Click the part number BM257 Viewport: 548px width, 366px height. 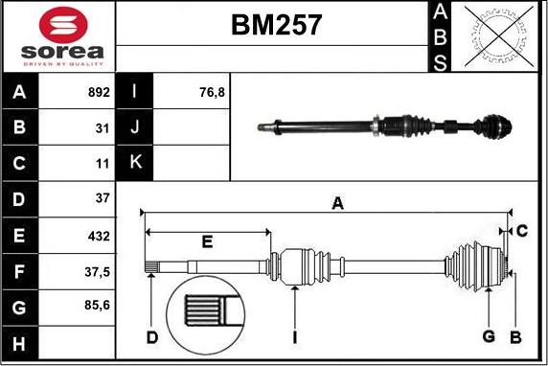pyautogui.click(x=276, y=25)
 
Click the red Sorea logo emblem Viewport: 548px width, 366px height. pyautogui.click(x=63, y=25)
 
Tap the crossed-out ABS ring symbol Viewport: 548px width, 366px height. pyautogui.click(x=499, y=36)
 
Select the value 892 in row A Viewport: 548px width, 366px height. pyautogui.click(x=99, y=92)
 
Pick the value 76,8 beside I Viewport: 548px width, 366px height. pyautogui.click(x=212, y=92)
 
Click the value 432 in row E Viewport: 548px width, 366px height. pyautogui.click(x=99, y=237)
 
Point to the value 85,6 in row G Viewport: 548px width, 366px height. pyautogui.click(x=97, y=306)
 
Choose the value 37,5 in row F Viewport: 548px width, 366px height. pyautogui.click(x=97, y=272)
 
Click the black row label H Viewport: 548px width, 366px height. pyautogui.click(x=19, y=343)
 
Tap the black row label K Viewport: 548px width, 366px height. pyautogui.click(x=134, y=162)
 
